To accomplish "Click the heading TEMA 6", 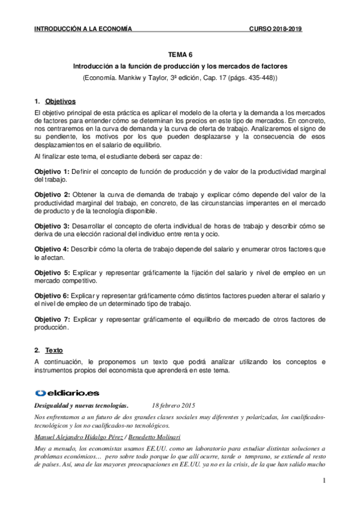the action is [180, 53].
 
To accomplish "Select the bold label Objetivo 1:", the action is [52, 172].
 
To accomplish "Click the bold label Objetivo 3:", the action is [52, 226].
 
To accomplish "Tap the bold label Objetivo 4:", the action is [52, 249].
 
